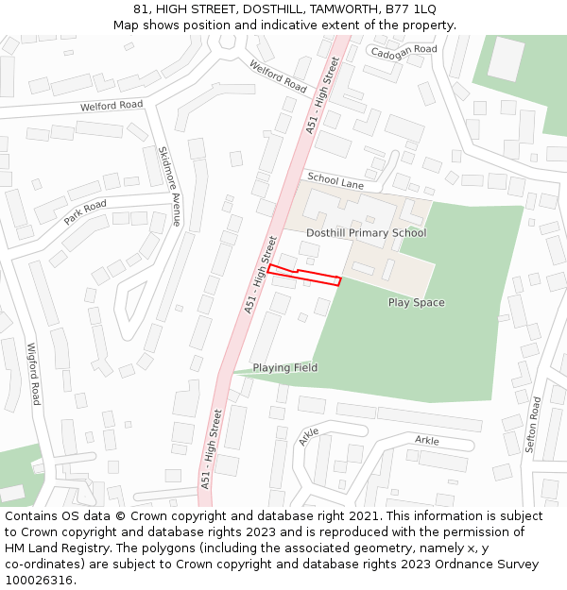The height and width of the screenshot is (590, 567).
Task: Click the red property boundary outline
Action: [304, 275]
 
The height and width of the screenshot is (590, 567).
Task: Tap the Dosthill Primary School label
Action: [366, 232]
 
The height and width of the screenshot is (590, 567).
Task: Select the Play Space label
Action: [416, 303]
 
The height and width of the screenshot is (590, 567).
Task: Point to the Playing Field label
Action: [284, 367]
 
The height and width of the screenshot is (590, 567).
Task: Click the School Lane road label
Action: [335, 181]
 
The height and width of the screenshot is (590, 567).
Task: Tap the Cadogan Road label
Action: [404, 50]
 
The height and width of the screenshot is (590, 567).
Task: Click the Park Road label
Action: [85, 212]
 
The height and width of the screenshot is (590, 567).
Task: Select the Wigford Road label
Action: [34, 374]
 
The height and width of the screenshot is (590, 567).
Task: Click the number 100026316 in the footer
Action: [39, 581]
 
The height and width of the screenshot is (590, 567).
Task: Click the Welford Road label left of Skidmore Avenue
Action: [112, 106]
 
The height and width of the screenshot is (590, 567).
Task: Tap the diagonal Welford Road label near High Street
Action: [278, 76]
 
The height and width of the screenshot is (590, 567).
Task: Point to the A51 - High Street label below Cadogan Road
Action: [322, 94]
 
